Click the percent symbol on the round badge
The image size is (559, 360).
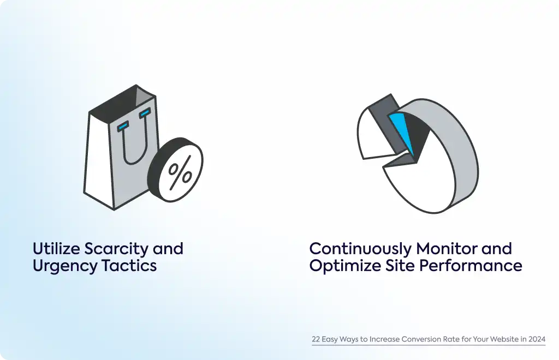(x=180, y=173)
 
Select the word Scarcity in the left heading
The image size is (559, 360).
(x=116, y=249)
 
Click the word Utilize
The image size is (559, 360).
(x=56, y=249)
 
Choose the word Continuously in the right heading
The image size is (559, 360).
(x=360, y=249)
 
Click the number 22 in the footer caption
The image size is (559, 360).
(x=316, y=339)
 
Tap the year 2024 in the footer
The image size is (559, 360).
(x=537, y=339)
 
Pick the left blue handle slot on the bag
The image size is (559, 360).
(x=123, y=126)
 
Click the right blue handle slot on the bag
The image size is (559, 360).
(x=145, y=113)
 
